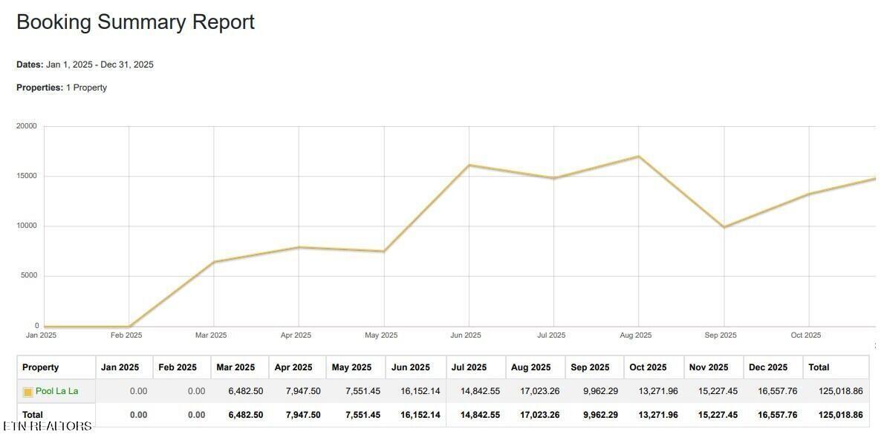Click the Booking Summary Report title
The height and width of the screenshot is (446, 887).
point(135,22)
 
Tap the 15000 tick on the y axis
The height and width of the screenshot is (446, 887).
point(27,176)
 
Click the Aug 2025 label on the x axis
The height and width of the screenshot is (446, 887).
point(636,335)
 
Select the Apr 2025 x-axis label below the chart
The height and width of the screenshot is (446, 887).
point(296,335)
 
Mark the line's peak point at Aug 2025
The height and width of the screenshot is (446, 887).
point(639,157)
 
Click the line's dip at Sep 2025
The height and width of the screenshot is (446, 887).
point(724,227)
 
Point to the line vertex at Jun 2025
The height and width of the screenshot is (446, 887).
point(469,165)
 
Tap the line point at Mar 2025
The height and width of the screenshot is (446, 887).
point(214,262)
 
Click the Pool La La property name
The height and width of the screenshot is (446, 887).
point(56,391)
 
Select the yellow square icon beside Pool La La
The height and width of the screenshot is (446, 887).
point(27,392)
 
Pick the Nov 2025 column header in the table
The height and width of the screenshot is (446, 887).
point(709,367)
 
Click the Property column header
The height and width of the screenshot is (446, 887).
point(40,367)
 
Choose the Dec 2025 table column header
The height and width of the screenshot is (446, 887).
point(768,367)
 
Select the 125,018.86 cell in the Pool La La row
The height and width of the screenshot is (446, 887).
point(841,391)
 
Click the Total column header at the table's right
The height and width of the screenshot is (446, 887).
point(819,367)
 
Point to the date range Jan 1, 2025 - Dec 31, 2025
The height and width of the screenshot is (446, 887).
point(100,65)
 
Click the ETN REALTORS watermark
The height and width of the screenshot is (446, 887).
point(48,426)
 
